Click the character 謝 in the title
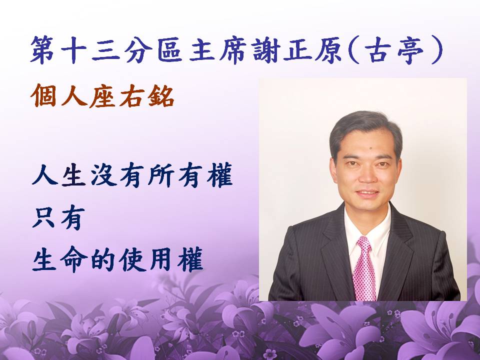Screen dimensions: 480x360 tap(265, 49)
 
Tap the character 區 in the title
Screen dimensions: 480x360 tap(170, 49)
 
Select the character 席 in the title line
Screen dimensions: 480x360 tap(233, 49)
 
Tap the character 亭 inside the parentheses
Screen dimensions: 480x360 tap(410, 49)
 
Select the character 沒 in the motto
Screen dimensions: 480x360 tap(103, 175)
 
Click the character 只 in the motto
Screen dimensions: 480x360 tap(44, 217)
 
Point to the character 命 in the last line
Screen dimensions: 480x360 tap(74, 259)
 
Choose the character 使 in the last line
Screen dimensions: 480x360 tap(132, 259)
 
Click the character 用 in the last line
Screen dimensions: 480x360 tap(161, 259)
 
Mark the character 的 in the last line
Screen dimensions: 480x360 tap(103, 259)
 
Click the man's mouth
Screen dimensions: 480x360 tap(367, 193)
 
